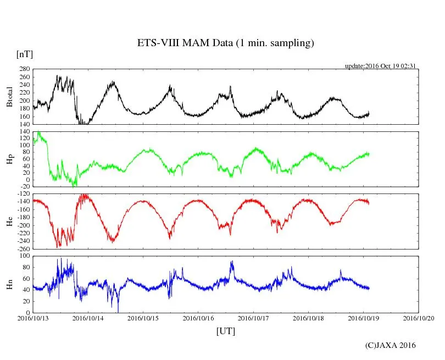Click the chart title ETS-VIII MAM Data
coord(225,43)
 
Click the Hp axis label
coord(9,159)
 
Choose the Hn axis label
coord(9,284)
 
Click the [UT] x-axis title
coord(226,331)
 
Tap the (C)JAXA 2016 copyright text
coord(391,345)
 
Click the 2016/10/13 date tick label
coord(33,318)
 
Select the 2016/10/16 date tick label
coord(198,318)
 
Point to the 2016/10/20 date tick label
coord(419,318)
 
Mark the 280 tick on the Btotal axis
coord(24,69)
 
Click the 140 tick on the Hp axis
coord(24,132)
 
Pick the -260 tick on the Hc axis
coord(22,249)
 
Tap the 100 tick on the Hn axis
coord(24,257)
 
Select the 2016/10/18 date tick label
coord(309,318)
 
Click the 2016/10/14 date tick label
coord(88,318)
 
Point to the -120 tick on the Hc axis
coord(22,195)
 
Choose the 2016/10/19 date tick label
coord(364,318)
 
